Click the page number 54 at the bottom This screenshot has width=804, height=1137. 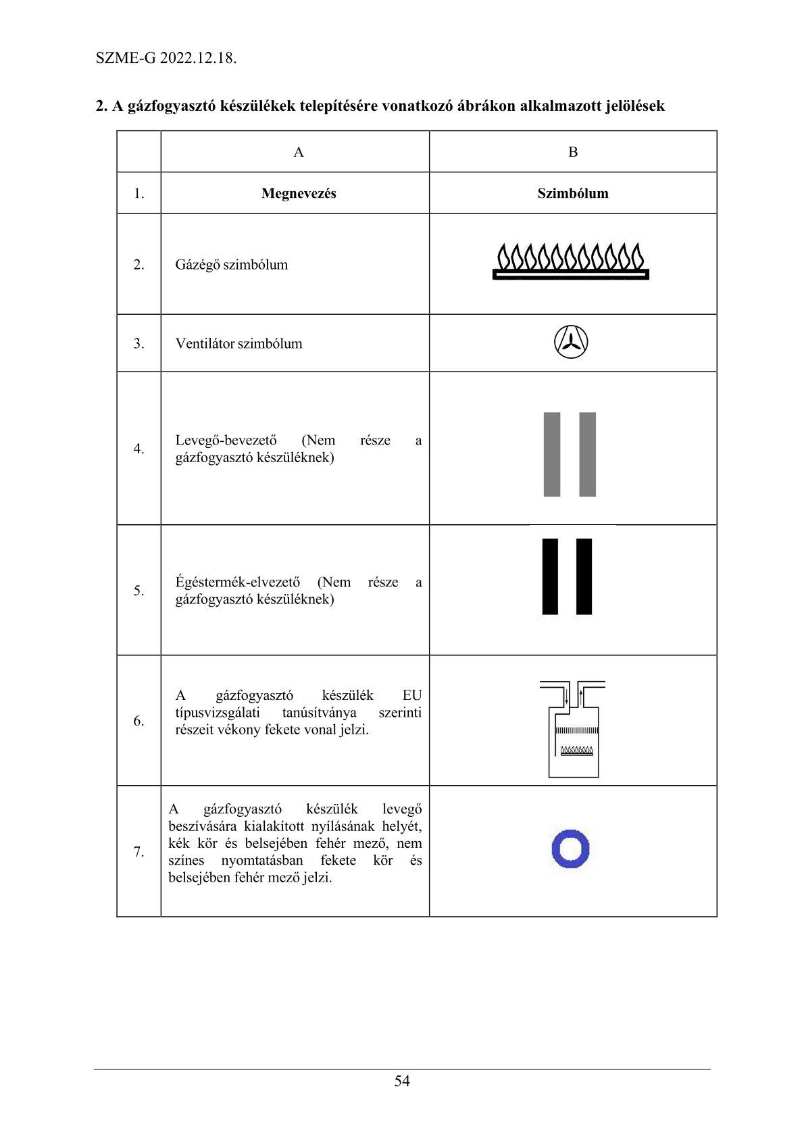point(402,1081)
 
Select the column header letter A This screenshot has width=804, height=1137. point(299,152)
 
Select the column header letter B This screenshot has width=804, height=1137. point(573,152)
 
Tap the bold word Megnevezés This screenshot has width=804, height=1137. point(299,193)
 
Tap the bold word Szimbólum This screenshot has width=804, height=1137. point(573,193)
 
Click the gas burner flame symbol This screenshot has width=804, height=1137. point(571,261)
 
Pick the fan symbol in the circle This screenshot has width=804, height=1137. point(571,342)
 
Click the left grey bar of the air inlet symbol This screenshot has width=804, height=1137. point(552,454)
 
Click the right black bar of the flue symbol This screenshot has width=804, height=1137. point(584,576)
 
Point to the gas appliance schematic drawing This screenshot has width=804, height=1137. point(573,729)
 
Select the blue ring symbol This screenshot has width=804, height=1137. point(571,849)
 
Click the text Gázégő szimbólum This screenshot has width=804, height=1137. point(231,264)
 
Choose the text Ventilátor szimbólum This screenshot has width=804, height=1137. point(238,343)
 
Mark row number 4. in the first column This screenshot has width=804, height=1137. point(139,449)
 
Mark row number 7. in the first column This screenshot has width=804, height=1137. point(139,851)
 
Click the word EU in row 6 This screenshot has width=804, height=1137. point(411,695)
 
